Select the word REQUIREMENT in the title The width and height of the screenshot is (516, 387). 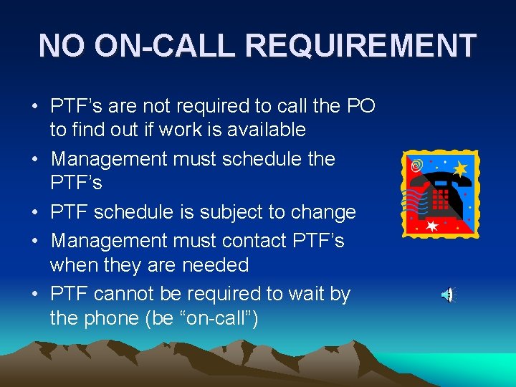tap(360, 46)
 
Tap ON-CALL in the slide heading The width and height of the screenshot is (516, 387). tap(166, 46)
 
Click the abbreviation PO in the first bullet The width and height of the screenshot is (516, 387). tap(360, 106)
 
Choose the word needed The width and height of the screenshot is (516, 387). tap(214, 265)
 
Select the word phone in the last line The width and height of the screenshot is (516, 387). tap(110, 318)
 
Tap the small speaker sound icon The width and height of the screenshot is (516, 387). tap(447, 295)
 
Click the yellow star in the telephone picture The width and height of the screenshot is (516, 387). tap(459, 169)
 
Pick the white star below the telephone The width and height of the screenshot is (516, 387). tap(432, 226)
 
